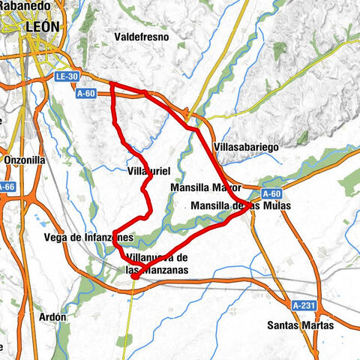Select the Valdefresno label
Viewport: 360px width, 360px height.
click(x=141, y=36)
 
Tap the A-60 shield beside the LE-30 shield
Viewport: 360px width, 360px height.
click(x=87, y=93)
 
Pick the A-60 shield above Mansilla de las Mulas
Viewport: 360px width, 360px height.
click(x=272, y=193)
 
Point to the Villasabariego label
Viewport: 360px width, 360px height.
click(x=246, y=148)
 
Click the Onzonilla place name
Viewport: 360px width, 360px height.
click(x=25, y=160)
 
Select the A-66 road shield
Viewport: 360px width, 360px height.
click(x=5, y=187)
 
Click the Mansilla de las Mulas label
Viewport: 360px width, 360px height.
click(x=235, y=205)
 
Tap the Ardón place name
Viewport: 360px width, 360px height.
click(x=53, y=316)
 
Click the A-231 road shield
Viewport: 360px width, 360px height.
click(x=304, y=305)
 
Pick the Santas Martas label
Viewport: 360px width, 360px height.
click(x=300, y=325)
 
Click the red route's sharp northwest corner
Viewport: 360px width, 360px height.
click(x=111, y=84)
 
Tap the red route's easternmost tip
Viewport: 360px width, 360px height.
click(x=250, y=211)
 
